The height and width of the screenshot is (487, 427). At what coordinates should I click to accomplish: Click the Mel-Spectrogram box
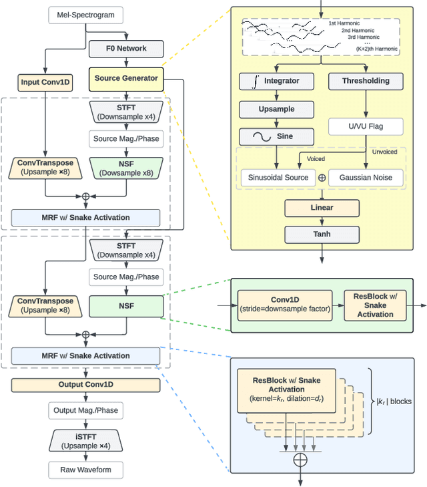coord(85,14)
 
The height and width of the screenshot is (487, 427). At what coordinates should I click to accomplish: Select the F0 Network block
coord(127,48)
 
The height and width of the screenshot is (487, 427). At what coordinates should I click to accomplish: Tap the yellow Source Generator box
coord(126,78)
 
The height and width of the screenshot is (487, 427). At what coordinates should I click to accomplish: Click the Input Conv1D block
coord(45,84)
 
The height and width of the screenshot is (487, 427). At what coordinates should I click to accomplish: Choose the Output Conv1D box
coord(85,385)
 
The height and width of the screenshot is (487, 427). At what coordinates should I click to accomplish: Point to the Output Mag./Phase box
coord(85,410)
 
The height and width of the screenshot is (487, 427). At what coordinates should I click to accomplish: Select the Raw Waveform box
coord(85,470)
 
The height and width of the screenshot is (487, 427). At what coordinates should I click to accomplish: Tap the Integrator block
coord(276,81)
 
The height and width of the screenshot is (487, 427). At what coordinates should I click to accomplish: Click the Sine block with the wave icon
coord(276,136)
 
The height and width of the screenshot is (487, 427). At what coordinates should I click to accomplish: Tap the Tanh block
coord(322,234)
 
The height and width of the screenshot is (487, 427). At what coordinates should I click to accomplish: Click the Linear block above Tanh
coord(322,207)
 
